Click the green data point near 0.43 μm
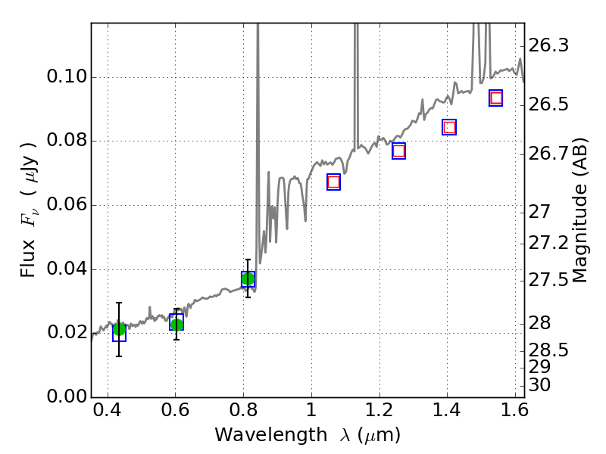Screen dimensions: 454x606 point(119,329)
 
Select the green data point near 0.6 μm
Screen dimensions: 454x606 point(176,325)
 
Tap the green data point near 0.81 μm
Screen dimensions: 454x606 point(248,279)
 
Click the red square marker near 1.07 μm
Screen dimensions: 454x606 point(333,182)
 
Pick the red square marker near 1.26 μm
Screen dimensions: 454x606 point(398,151)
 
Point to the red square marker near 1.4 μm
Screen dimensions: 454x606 point(449,127)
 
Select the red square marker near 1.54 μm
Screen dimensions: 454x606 point(496,98)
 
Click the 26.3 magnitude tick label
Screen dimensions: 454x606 point(549,46)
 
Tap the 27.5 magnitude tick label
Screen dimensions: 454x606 point(549,281)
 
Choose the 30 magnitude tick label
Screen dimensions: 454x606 point(542,385)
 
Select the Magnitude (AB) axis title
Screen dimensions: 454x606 point(580,210)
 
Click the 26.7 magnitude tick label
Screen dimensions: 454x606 point(549,154)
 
